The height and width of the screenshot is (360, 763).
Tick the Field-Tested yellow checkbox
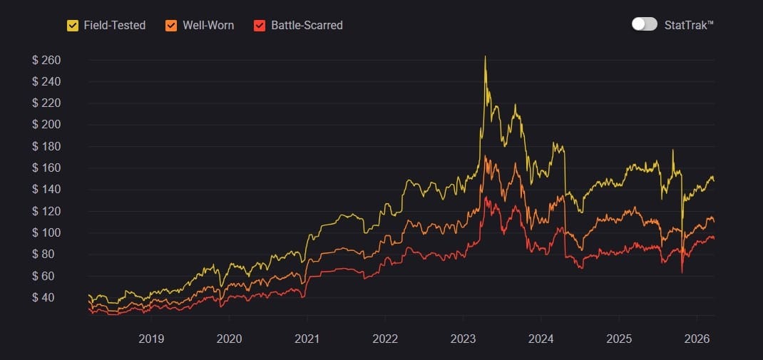[x=73, y=26]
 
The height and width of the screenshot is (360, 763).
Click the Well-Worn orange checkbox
[x=171, y=26]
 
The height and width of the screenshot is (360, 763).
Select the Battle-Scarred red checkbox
[x=260, y=26]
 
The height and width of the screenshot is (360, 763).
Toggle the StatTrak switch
[x=644, y=24]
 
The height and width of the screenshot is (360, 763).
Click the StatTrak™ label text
[x=688, y=25]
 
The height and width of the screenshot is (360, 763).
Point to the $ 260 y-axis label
[x=46, y=60]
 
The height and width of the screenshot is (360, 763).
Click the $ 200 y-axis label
[x=46, y=125]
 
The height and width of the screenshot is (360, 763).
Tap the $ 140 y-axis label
[x=46, y=190]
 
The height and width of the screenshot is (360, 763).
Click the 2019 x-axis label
[x=151, y=339]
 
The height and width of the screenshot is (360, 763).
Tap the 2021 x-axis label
[x=307, y=339]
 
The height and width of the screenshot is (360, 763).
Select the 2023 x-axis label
[x=464, y=339]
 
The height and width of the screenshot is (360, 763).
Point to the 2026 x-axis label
[x=697, y=339]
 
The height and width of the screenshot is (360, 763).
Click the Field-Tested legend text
[x=114, y=26]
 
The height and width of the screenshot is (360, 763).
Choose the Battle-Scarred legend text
[x=307, y=26]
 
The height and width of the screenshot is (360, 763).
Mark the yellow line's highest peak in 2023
[x=485, y=57]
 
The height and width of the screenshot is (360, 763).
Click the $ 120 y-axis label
[x=46, y=211]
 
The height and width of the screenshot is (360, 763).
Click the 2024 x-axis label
[x=541, y=339]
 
